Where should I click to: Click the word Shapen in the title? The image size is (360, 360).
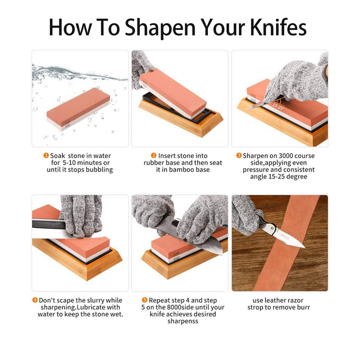pos(160,27)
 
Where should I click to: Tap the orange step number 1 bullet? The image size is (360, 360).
pos(46,155)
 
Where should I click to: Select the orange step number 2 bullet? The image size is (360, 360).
pos(154,155)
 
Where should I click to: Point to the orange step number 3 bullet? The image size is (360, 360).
pos(239,155)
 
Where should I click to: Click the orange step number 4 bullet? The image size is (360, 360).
pos(35,300)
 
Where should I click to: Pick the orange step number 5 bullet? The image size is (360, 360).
pos(145,300)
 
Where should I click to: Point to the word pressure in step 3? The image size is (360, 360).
pos(256,170)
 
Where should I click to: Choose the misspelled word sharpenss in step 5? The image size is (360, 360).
pos(183,321)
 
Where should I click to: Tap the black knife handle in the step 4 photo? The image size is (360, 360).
pos(47,224)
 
